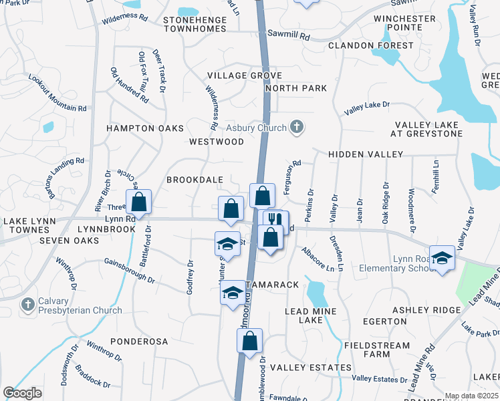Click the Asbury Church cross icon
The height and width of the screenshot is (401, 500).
pyautogui.click(x=297, y=127)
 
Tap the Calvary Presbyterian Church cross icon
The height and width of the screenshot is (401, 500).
pyautogui.click(x=28, y=305)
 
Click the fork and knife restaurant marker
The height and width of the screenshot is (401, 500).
pyautogui.click(x=275, y=220)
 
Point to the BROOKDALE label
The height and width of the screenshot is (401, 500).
pyautogui.click(x=195, y=180)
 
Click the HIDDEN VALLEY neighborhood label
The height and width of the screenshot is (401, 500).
pyautogui.click(x=365, y=154)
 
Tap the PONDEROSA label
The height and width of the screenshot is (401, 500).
pyautogui.click(x=139, y=341)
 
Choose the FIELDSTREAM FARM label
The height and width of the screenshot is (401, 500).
pyautogui.click(x=371, y=350)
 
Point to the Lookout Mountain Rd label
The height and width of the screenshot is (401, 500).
pyautogui.click(x=57, y=93)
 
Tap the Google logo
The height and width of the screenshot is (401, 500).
pyautogui.click(x=23, y=393)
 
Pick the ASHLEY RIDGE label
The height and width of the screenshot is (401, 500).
pyautogui.click(x=426, y=310)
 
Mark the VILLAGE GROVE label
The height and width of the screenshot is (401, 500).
pyautogui.click(x=244, y=76)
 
